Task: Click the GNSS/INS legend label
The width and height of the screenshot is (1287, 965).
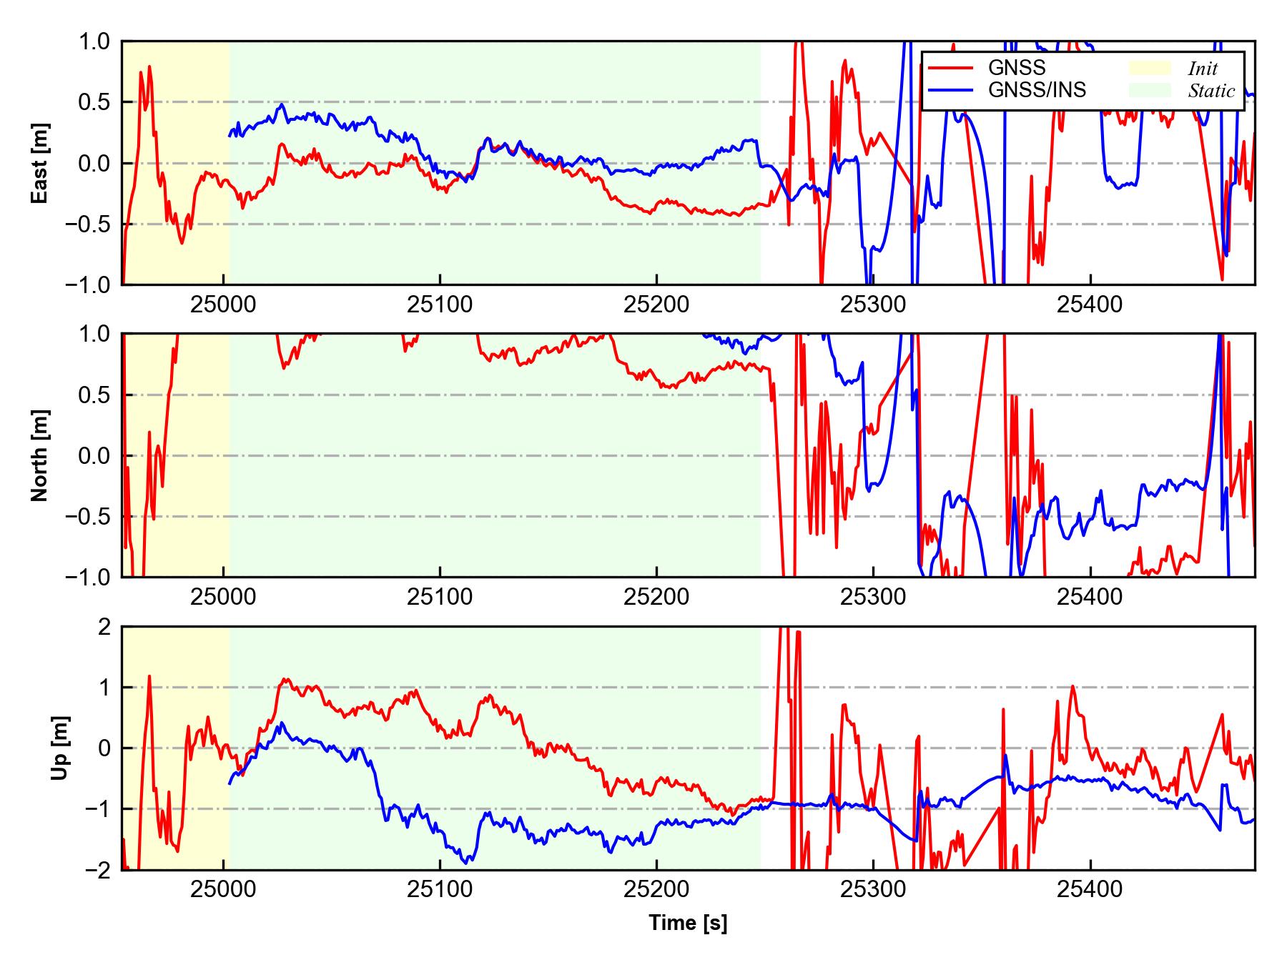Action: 1037,90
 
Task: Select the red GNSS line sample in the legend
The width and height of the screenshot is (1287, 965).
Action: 950,68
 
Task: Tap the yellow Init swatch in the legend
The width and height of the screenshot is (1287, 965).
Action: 1150,68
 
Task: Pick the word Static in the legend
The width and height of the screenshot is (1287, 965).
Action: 1211,91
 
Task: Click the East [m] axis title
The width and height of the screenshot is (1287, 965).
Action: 40,163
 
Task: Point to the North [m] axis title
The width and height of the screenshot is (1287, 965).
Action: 40,455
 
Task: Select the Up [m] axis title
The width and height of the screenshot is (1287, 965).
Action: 60,748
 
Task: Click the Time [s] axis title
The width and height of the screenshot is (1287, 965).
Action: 688,923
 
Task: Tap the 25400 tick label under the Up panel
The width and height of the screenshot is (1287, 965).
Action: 1090,890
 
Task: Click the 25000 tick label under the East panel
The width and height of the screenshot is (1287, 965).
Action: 224,305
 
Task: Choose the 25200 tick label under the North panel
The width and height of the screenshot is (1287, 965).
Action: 656,598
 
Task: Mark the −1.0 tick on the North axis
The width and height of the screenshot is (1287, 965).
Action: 89,577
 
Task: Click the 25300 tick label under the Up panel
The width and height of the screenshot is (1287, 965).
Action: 873,890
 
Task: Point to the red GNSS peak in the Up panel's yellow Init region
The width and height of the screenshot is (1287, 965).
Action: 149,675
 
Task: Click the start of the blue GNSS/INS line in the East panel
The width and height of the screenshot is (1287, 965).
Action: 230,135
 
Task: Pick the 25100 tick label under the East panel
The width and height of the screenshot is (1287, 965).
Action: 440,305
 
